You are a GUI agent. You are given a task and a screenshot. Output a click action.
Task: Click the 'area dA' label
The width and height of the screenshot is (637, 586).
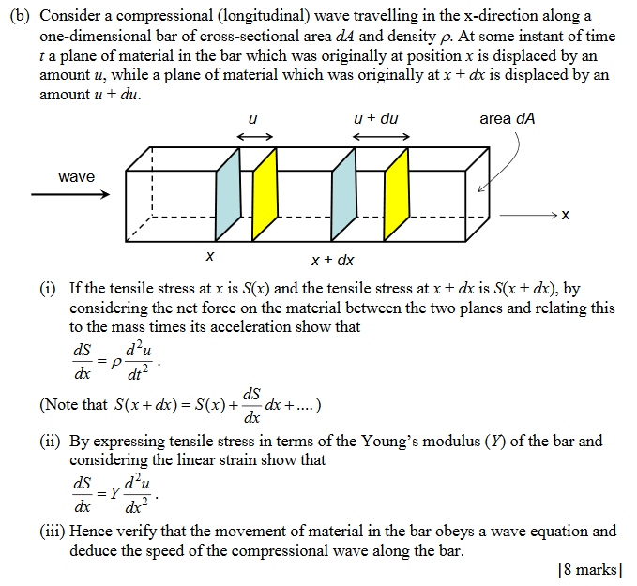pyautogui.click(x=508, y=119)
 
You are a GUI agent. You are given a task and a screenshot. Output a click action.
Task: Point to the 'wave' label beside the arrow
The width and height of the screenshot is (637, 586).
pyautogui.click(x=76, y=176)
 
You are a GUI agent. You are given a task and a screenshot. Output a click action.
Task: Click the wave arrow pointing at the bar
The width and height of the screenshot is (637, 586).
pyautogui.click(x=69, y=195)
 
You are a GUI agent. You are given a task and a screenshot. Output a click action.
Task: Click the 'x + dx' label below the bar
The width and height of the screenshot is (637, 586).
pyautogui.click(x=332, y=260)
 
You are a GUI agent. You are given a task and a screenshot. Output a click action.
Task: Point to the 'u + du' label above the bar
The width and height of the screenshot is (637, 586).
pyautogui.click(x=376, y=119)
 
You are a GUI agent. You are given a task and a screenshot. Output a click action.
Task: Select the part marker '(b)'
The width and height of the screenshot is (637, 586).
pyautogui.click(x=23, y=16)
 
